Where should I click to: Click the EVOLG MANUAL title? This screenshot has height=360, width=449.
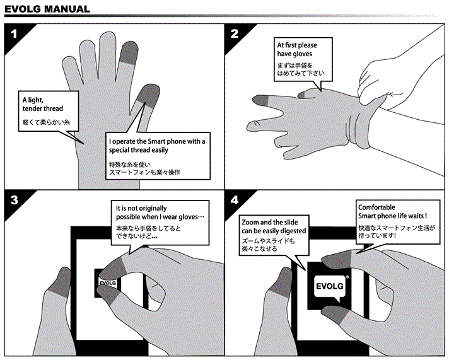pos(47,9)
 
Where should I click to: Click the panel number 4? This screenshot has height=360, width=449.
pos(234,201)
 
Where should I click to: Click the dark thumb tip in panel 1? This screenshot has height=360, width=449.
pos(148,95)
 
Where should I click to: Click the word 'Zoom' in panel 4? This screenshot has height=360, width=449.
pos(252,223)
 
